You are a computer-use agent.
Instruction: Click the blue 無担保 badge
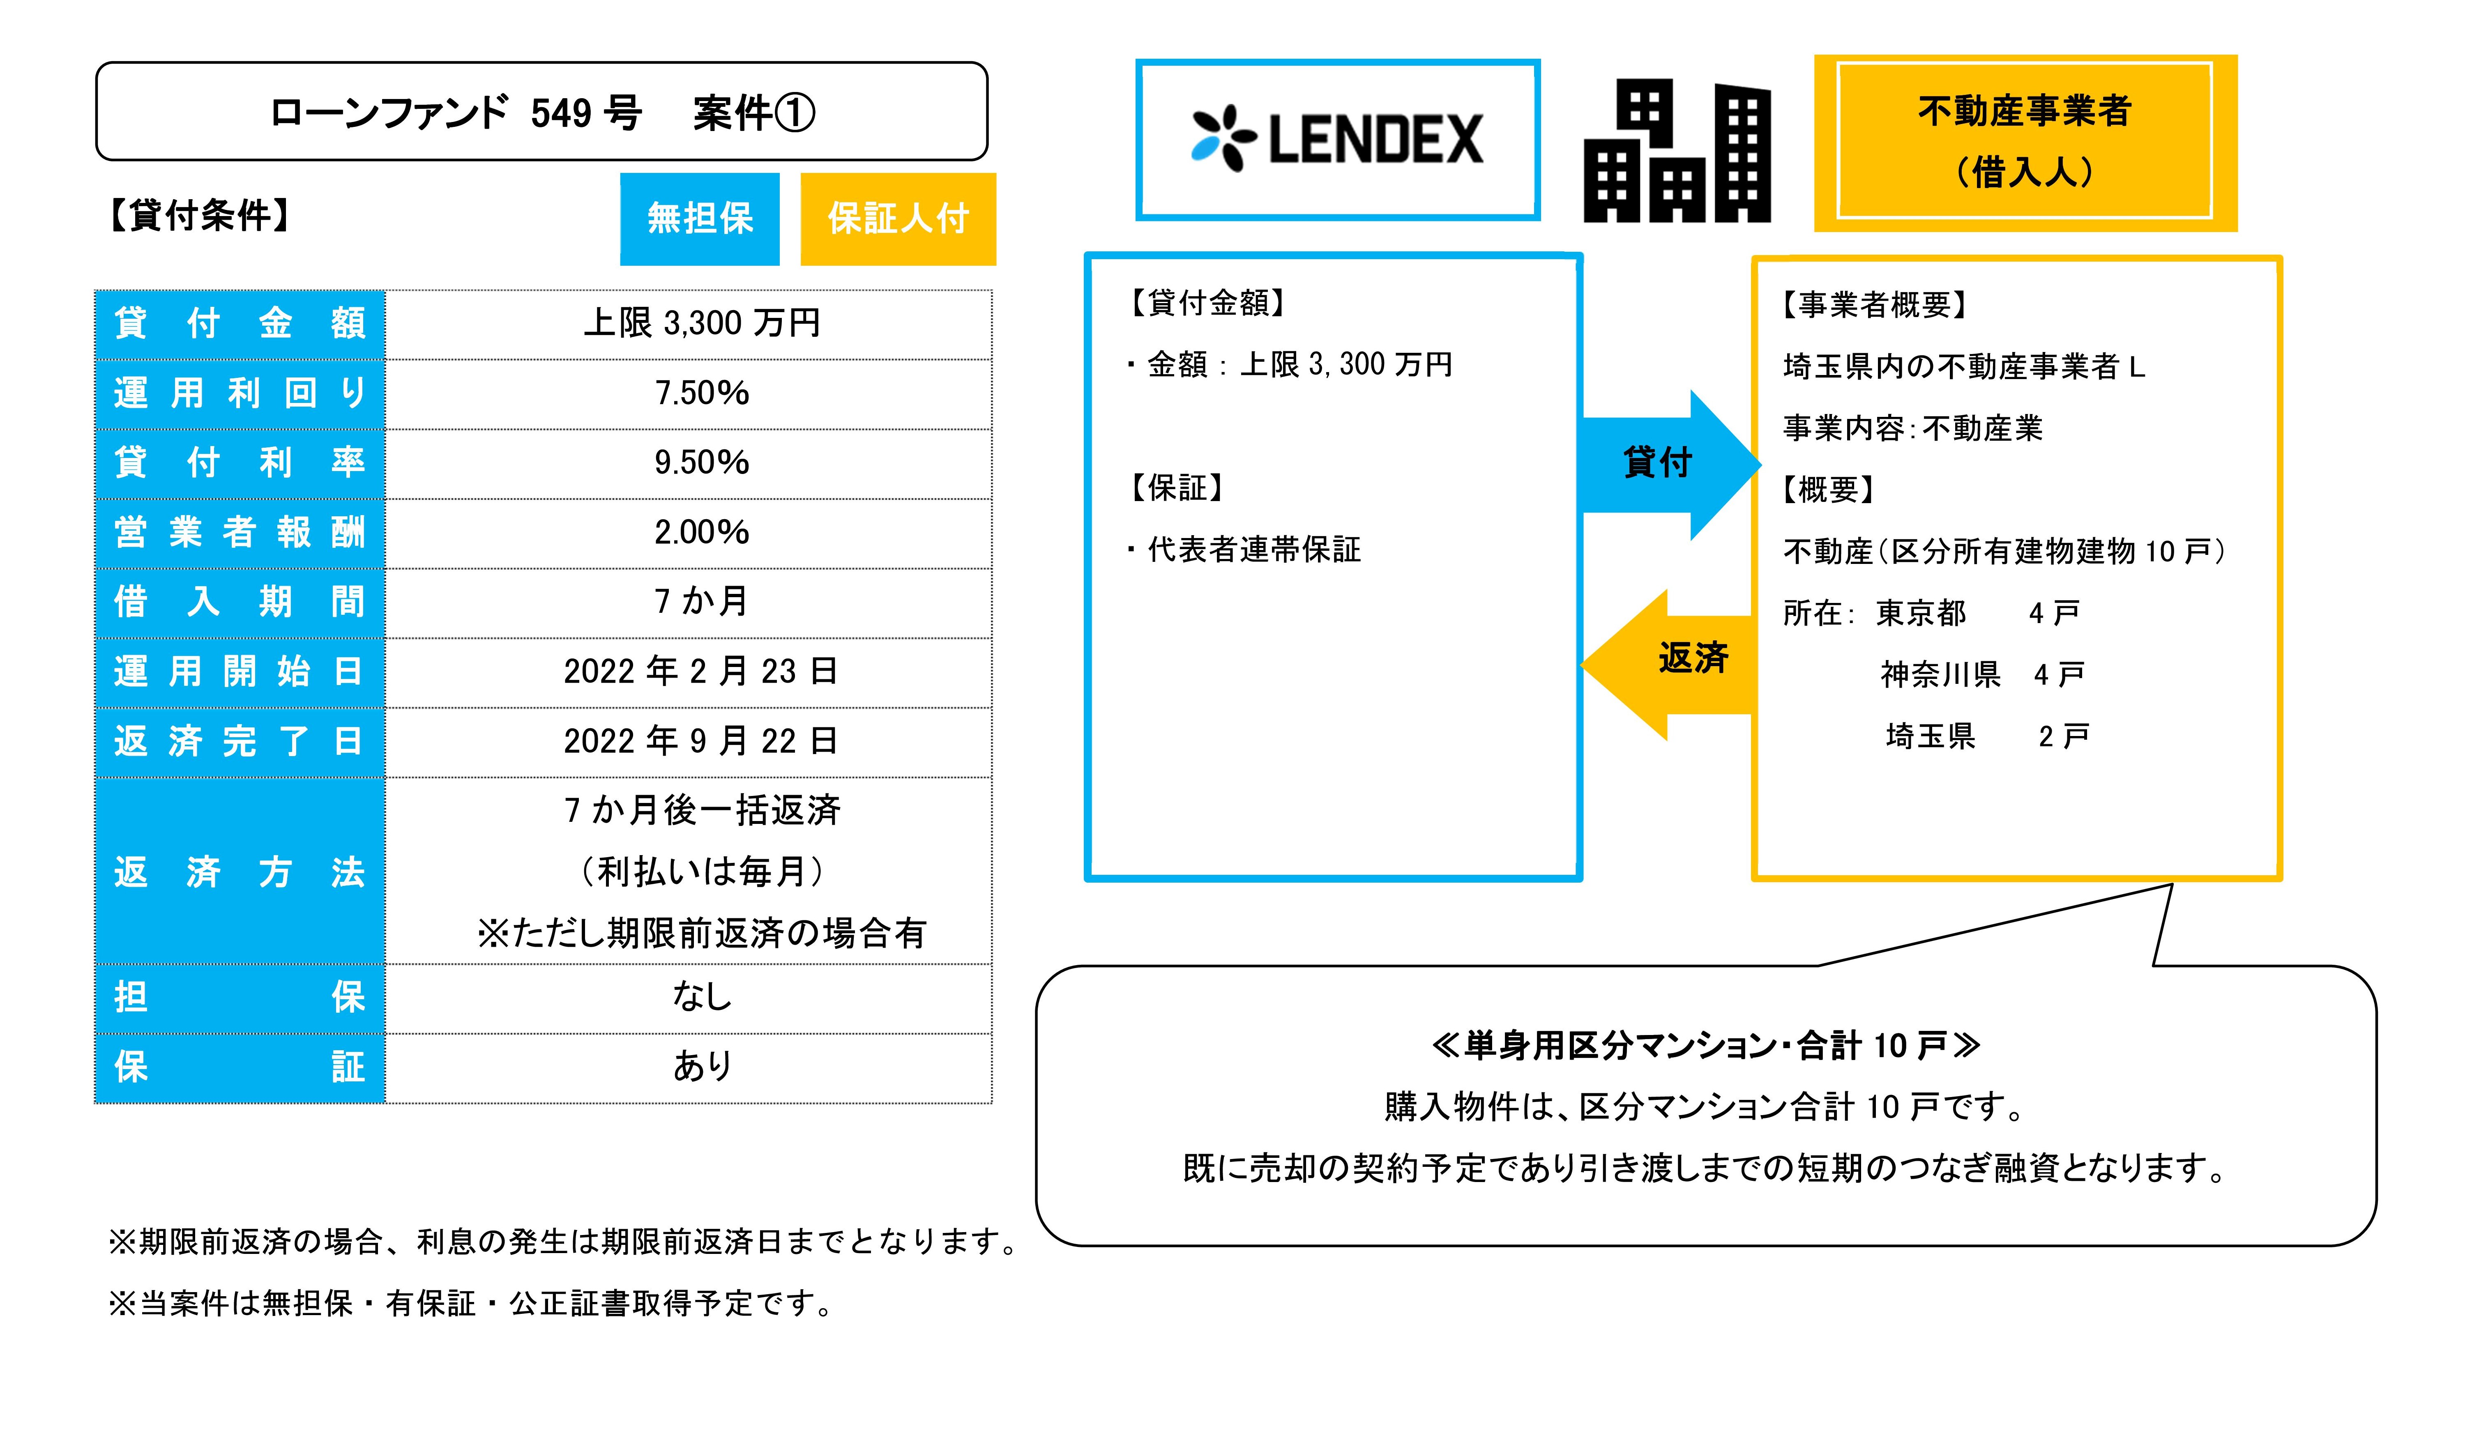699,218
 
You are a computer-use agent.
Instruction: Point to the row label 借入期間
240,601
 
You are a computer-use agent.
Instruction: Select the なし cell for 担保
701,996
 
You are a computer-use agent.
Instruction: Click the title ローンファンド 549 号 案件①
542,112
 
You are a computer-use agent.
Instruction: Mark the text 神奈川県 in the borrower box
1940,675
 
